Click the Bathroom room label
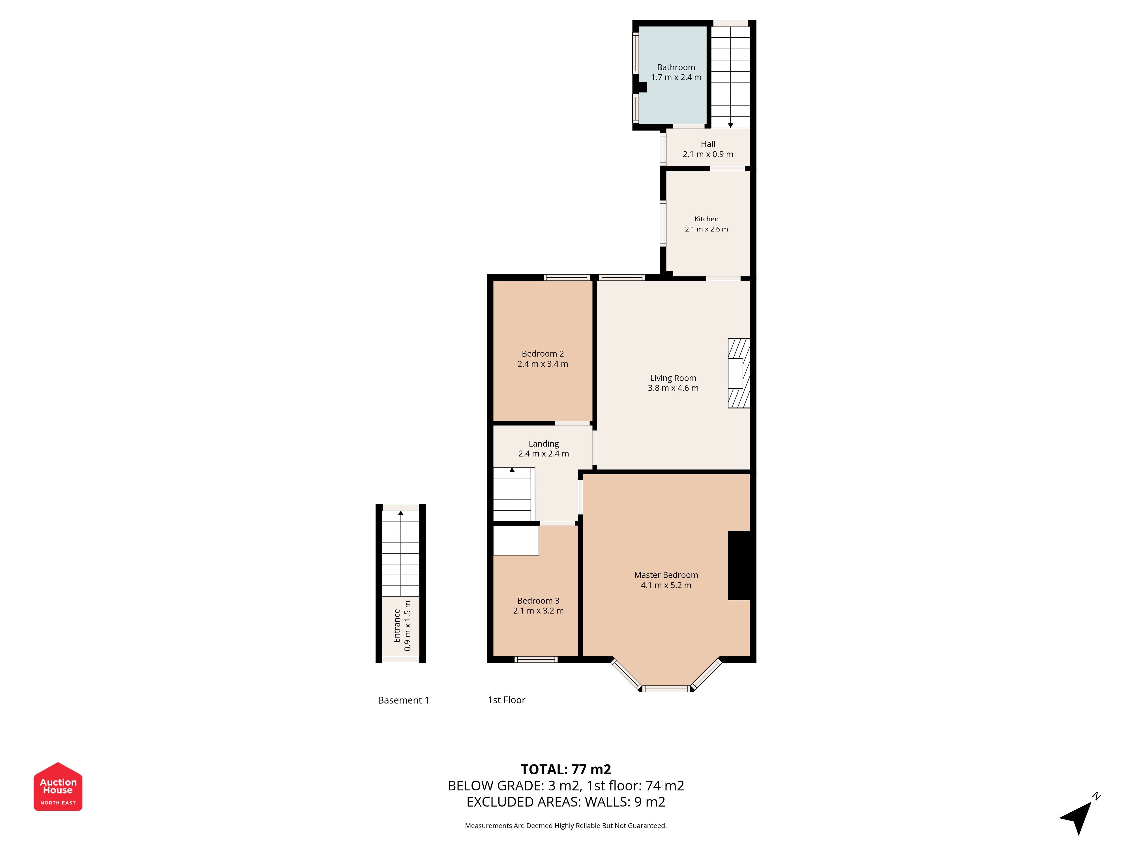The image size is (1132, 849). pyautogui.click(x=676, y=67)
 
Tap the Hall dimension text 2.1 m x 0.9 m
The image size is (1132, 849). pyautogui.click(x=708, y=154)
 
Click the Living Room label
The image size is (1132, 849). pyautogui.click(x=673, y=378)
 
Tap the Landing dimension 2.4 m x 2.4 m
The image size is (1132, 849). pyautogui.click(x=543, y=453)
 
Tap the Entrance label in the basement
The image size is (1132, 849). pyautogui.click(x=396, y=625)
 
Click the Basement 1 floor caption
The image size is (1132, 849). pyautogui.click(x=403, y=700)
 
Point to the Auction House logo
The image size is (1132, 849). pyautogui.click(x=58, y=786)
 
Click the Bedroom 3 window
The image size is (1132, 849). pyautogui.click(x=536, y=659)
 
